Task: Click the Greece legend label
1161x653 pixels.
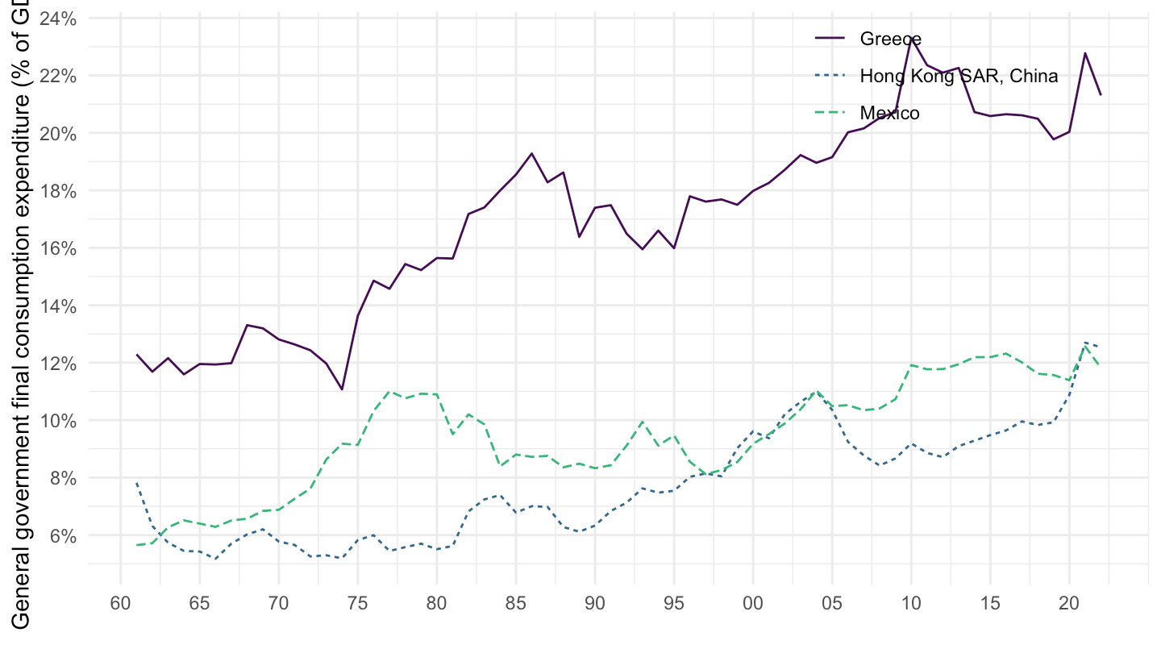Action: [890, 38]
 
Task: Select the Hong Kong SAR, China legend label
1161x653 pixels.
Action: [959, 76]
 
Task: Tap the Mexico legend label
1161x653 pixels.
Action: [889, 113]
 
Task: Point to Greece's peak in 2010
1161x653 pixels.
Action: [911, 37]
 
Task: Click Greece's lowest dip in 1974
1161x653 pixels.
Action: [342, 389]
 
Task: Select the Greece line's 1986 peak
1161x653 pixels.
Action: [531, 153]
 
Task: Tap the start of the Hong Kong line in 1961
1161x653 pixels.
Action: [137, 484]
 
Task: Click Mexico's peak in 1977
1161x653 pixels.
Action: [389, 391]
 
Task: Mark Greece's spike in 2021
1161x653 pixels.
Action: [1085, 53]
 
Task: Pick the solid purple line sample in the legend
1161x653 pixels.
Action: [830, 38]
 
